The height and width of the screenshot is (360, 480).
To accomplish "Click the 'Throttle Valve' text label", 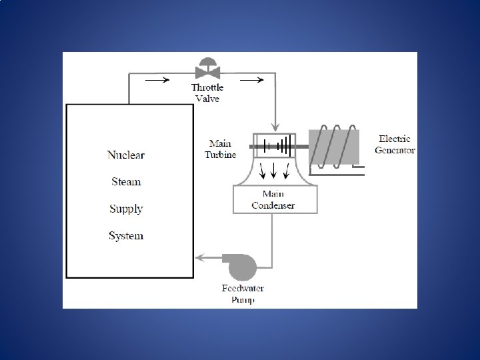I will coord(207,93).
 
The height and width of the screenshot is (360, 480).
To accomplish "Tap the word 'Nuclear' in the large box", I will coord(126,155).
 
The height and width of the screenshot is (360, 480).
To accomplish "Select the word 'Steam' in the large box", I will coord(126,182).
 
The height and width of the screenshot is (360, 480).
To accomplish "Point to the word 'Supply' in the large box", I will coord(126,209).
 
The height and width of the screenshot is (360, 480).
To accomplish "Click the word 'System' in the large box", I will coord(126,235).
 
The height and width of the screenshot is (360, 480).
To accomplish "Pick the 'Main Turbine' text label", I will coord(220,149).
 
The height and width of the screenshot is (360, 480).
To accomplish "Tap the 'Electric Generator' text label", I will coord(395,145).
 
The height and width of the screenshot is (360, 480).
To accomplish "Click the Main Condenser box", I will coord(273,199).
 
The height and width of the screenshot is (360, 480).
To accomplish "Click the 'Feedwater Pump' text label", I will coord(243,294).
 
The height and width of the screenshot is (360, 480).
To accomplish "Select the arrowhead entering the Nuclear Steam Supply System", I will coord(198,258).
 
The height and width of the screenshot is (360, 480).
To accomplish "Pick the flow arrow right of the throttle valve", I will coord(251,80).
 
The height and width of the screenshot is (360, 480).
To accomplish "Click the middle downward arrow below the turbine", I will coord(274,172).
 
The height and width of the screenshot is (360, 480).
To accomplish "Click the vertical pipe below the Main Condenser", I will coord(273,233).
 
